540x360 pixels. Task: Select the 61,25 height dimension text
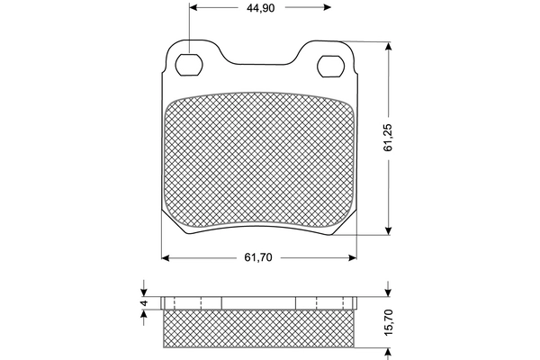pos(388,138)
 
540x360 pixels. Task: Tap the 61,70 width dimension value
pos(257,257)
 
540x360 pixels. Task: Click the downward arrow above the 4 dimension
pos(143,290)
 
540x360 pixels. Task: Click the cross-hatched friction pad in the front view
pos(259,162)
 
